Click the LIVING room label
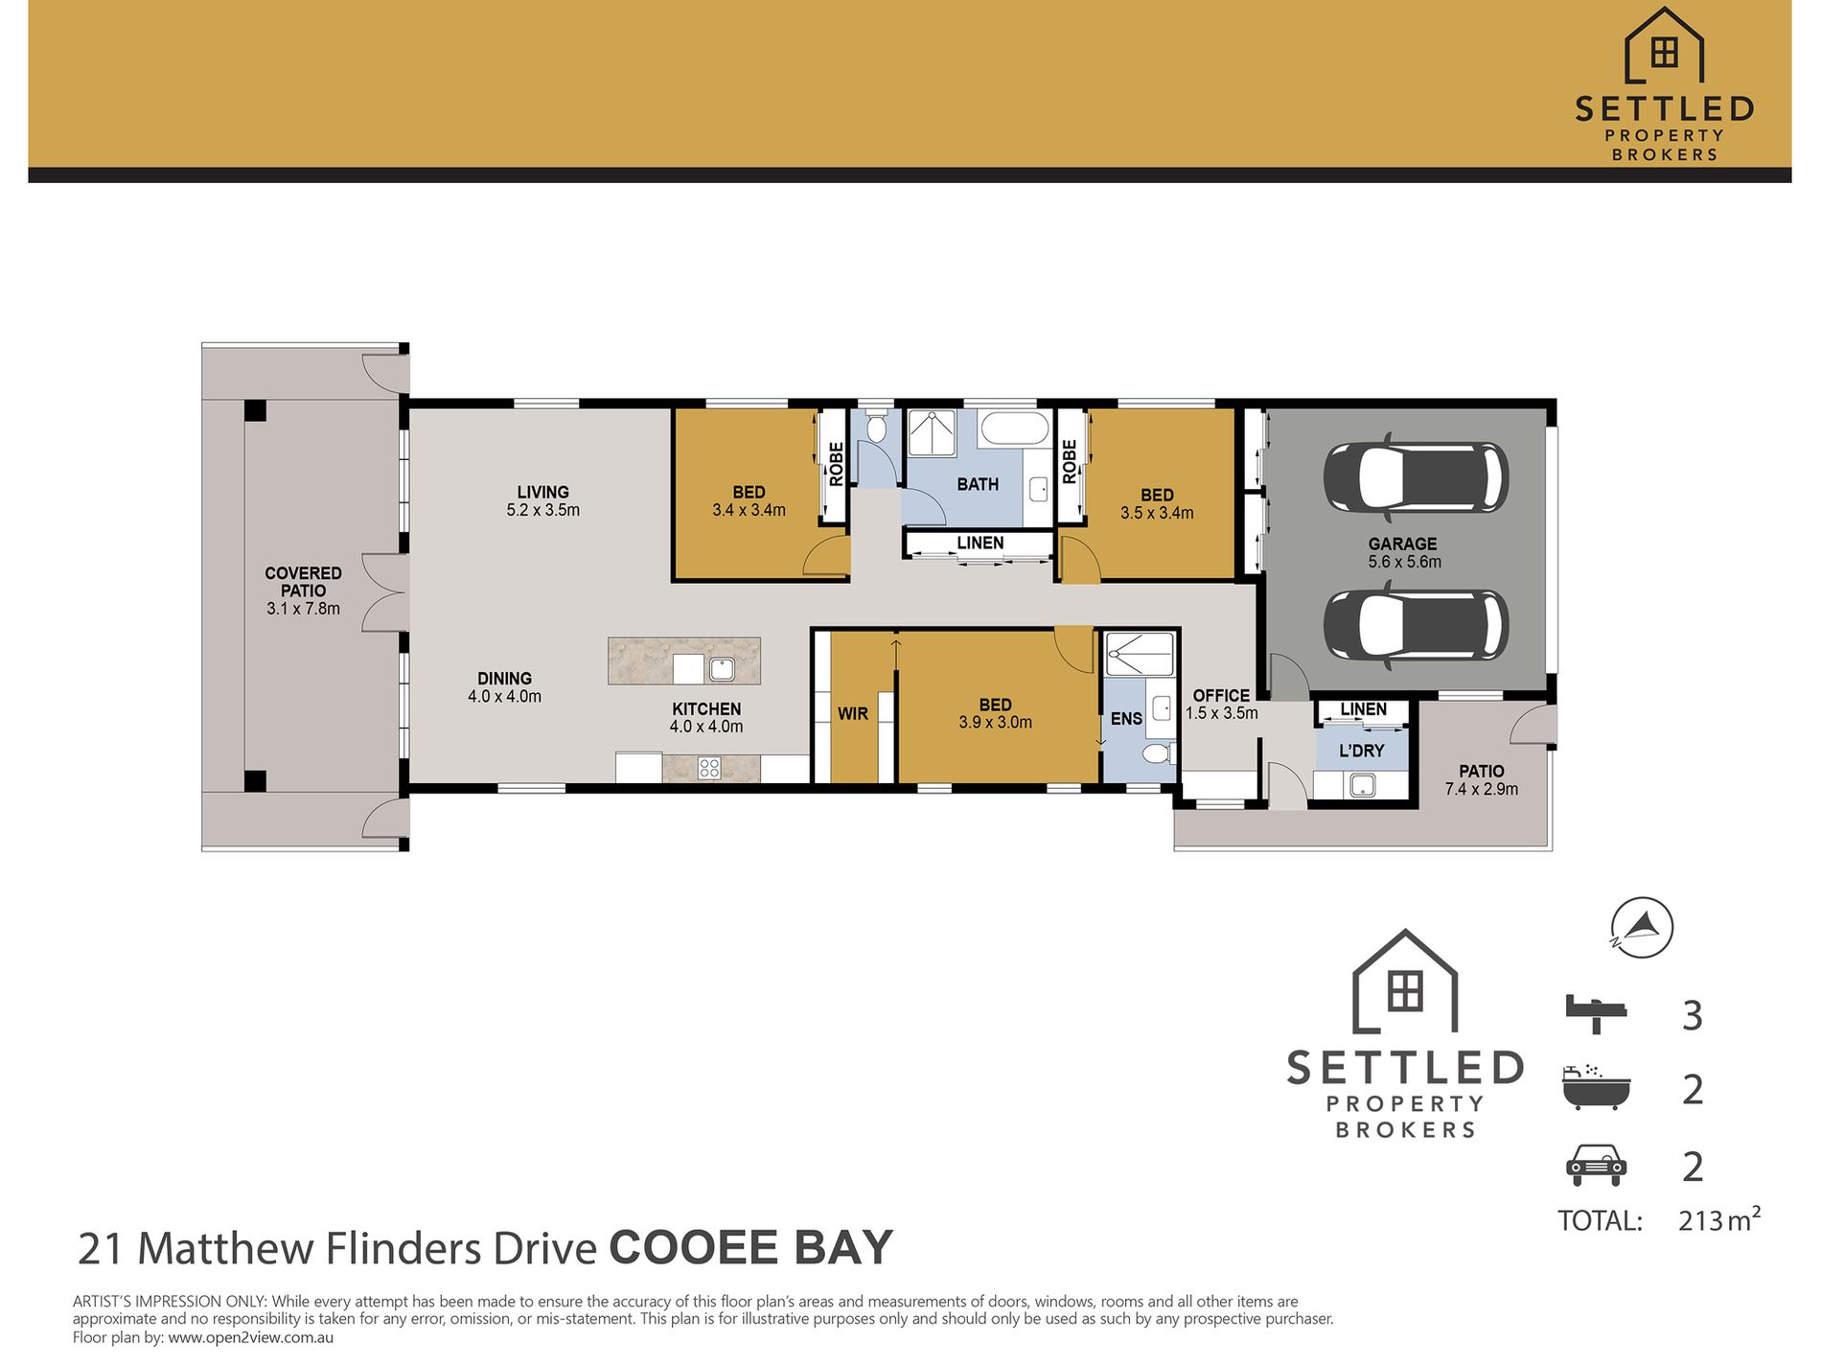pyautogui.click(x=542, y=492)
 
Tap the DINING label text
pyautogui.click(x=504, y=679)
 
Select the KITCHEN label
pyautogui.click(x=706, y=709)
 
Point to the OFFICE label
pyautogui.click(x=1221, y=696)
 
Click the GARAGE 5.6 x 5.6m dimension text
pyautogui.click(x=1404, y=562)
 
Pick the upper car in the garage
pyautogui.click(x=1416, y=477)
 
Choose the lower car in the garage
pyautogui.click(x=1416, y=625)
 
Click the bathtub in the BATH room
pyautogui.click(x=1015, y=428)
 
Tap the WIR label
pyautogui.click(x=852, y=714)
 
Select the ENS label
pyautogui.click(x=1126, y=719)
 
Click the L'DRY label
pyautogui.click(x=1362, y=751)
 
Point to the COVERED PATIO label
pyautogui.click(x=303, y=582)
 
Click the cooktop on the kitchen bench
pyautogui.click(x=708, y=768)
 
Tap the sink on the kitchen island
pyautogui.click(x=722, y=669)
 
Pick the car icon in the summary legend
pyautogui.click(x=1596, y=1166)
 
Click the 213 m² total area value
pyautogui.click(x=1719, y=1219)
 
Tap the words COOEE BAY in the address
pyautogui.click(x=750, y=1248)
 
